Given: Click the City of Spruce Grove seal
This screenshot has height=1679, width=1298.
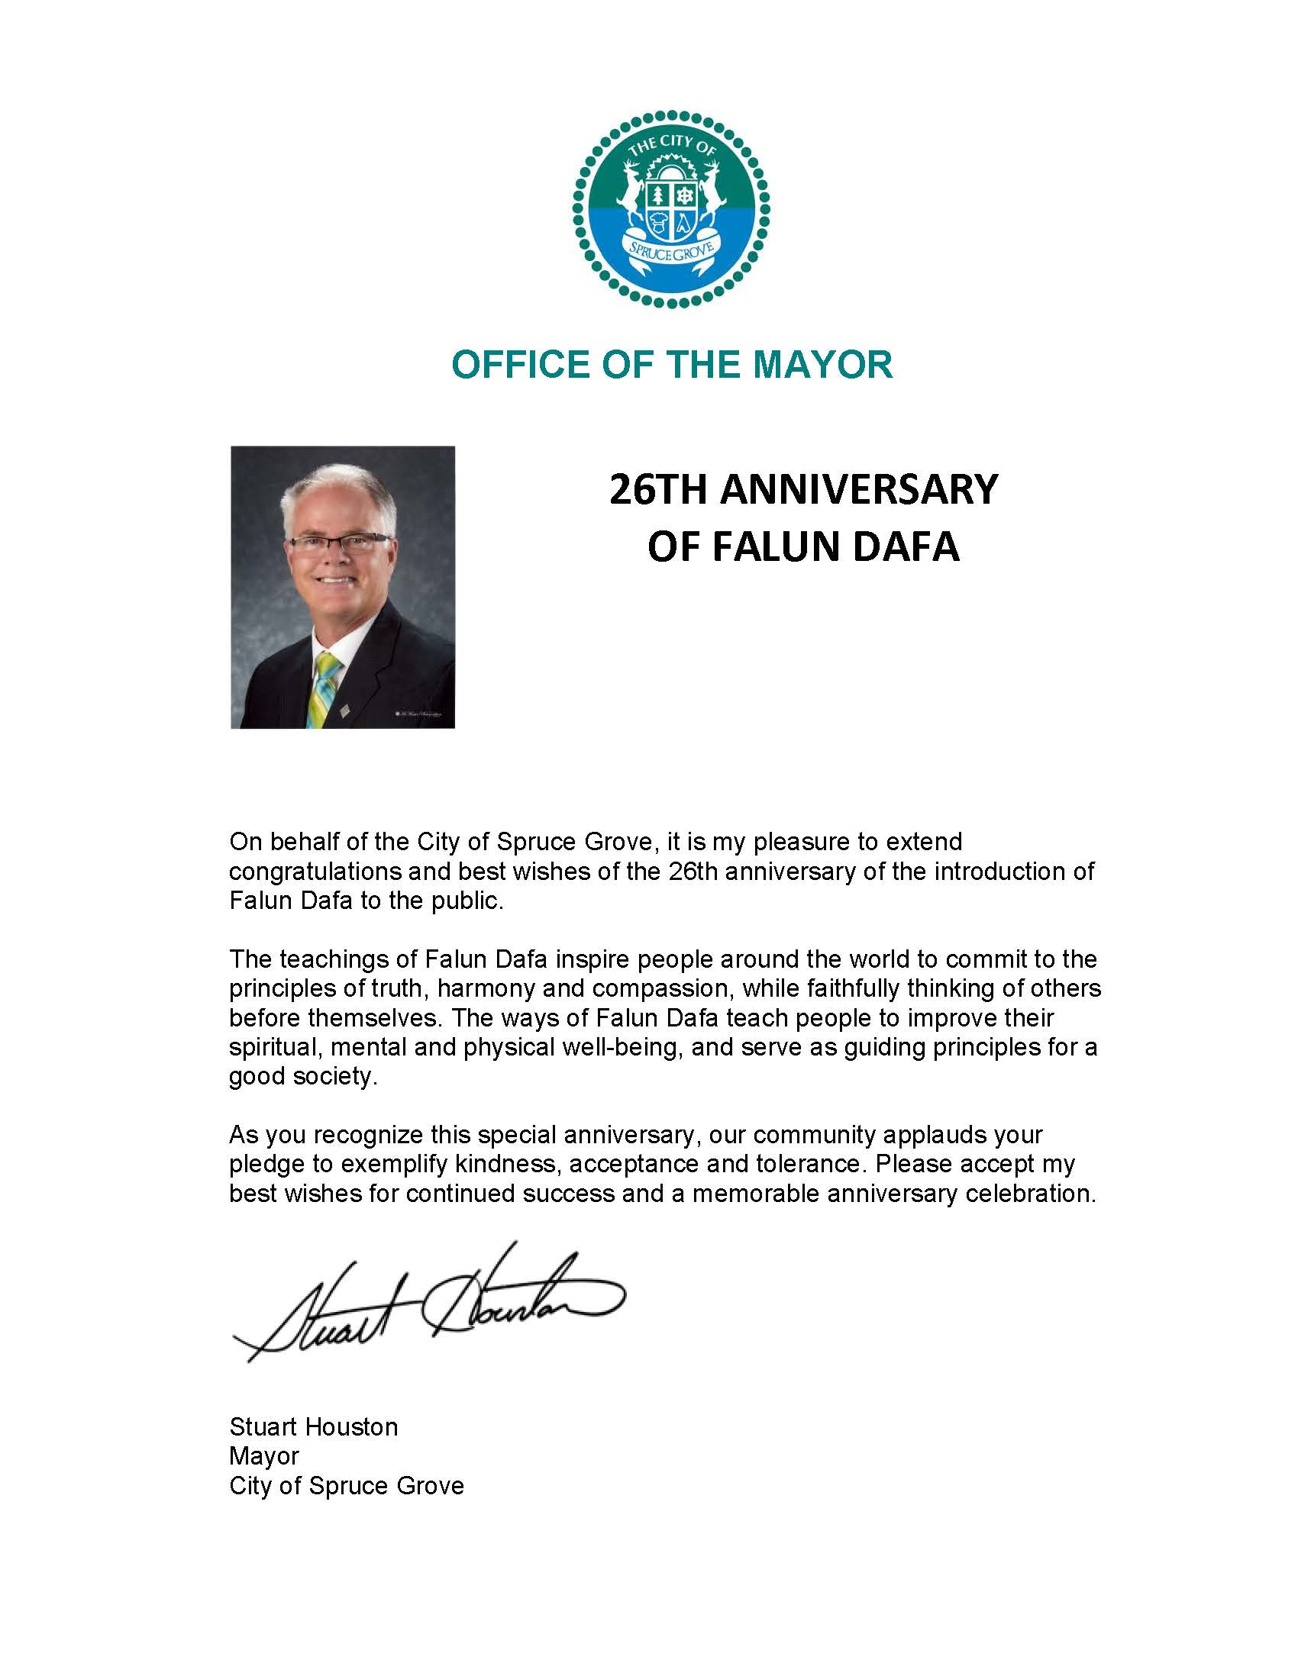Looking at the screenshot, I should [671, 208].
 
